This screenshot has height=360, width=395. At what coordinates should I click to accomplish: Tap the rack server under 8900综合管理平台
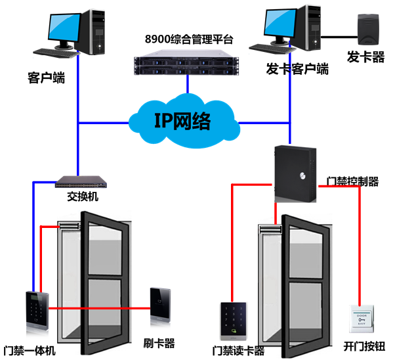pyautogui.click(x=186, y=63)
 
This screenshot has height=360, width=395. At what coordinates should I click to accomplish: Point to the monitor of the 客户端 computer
pyautogui.click(x=64, y=29)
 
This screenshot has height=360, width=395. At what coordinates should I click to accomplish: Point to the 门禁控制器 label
pyautogui.click(x=352, y=181)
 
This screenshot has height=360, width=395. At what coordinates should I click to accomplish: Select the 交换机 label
pyautogui.click(x=81, y=196)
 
